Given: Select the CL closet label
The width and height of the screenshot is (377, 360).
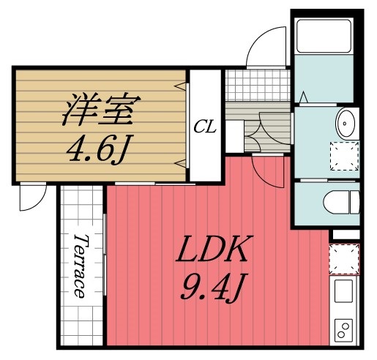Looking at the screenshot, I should click(x=204, y=126).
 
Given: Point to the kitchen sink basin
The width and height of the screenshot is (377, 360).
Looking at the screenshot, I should click(x=344, y=294).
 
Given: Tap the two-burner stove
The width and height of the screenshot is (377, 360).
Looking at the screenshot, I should click(x=343, y=330).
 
